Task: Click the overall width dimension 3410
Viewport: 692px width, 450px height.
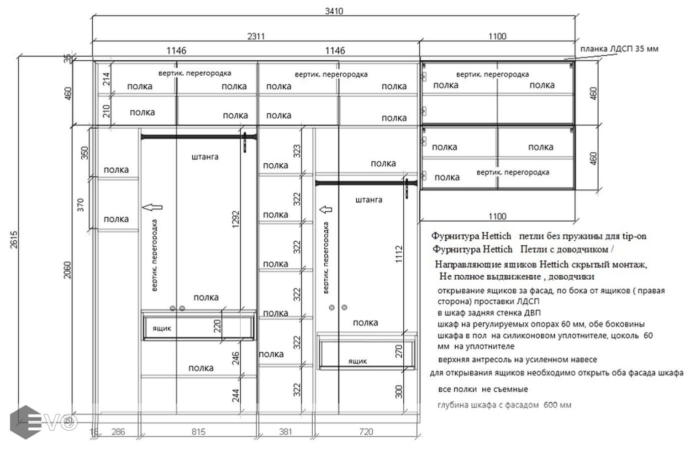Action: [334, 11]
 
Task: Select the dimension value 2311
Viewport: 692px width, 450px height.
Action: [256, 36]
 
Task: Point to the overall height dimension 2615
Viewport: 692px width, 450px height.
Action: [14, 239]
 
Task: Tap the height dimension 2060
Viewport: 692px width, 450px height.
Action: [67, 270]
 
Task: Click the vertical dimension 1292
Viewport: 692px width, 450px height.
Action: [236, 219]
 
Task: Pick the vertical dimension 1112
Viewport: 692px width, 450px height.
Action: [399, 254]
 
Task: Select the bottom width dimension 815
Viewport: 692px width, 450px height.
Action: [198, 431]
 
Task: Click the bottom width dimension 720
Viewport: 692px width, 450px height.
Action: [366, 431]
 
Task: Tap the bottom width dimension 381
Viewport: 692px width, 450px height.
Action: [285, 431]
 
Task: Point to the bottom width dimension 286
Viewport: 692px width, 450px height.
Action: [118, 431]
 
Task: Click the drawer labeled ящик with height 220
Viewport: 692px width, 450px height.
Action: [198, 326]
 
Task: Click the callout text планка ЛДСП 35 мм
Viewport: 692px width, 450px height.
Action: [619, 49]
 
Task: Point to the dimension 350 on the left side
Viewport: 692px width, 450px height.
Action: [84, 153]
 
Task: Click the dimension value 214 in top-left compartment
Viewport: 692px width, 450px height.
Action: [106, 79]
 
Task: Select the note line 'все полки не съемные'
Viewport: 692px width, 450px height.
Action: [483, 389]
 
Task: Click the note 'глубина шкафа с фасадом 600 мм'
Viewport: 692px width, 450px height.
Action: [505, 405]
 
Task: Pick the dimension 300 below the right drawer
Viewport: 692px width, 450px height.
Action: [399, 391]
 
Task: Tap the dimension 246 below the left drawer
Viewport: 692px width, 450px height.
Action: [236, 358]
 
